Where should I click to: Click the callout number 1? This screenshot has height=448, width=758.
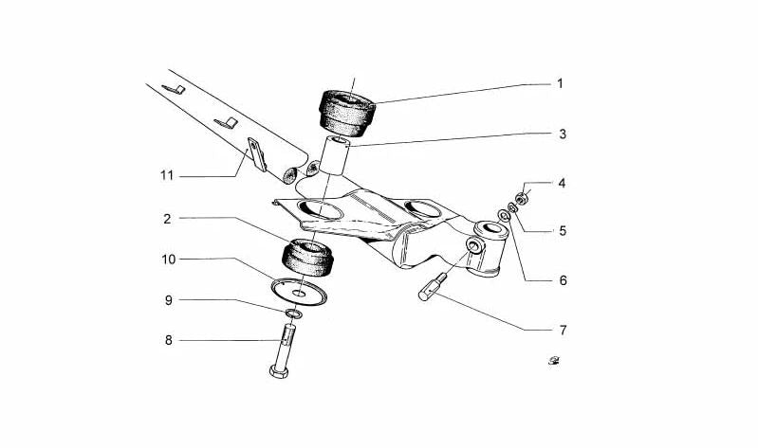pyautogui.click(x=560, y=84)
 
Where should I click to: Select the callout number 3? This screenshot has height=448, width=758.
pyautogui.click(x=562, y=134)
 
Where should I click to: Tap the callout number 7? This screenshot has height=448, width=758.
pyautogui.click(x=562, y=330)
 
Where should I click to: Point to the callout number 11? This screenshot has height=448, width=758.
pyautogui.click(x=168, y=175)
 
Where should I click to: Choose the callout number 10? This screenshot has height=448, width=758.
pyautogui.click(x=168, y=259)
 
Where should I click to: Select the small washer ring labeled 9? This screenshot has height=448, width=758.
pyautogui.click(x=293, y=314)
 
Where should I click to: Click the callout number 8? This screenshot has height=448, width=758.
pyautogui.click(x=168, y=339)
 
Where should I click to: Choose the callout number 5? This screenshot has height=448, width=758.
pyautogui.click(x=562, y=229)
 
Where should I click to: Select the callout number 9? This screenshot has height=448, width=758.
pyautogui.click(x=168, y=300)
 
